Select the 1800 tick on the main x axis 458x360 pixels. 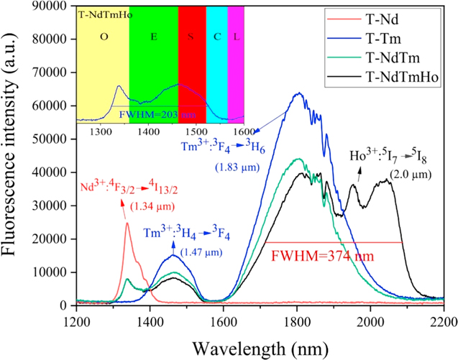click(297, 320)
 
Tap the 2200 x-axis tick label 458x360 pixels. click(444, 320)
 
